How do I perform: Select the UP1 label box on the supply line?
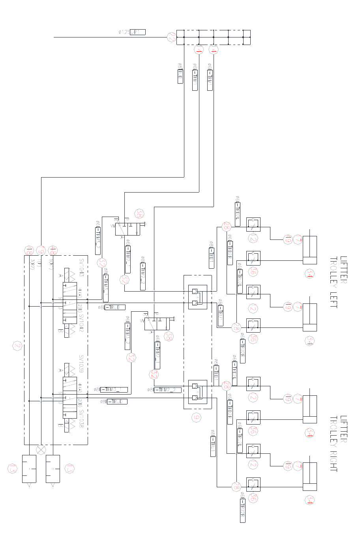137,32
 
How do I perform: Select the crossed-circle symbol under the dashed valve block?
41,450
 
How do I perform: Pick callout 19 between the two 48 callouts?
41,250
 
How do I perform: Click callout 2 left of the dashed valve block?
17,346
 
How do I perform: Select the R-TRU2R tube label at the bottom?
243,512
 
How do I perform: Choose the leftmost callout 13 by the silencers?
13,469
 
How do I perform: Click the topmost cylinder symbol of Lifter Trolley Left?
309,250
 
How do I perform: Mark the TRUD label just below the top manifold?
180,76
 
